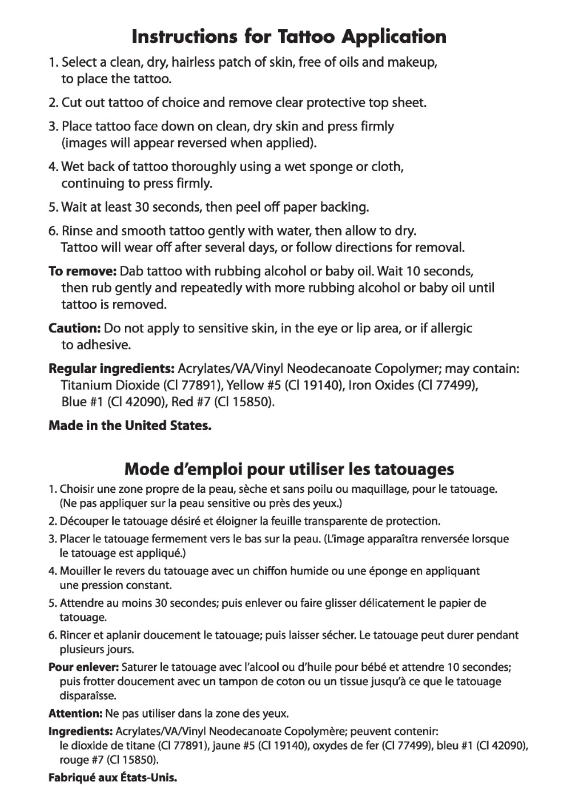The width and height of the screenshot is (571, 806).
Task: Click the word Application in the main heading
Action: pos(393,38)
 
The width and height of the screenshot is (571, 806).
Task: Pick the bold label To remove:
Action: pos(83,270)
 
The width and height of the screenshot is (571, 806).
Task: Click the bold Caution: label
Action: pos(75,329)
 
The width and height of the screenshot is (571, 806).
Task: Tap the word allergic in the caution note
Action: pos(449,329)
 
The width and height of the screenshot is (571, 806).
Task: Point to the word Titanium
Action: pos(85,386)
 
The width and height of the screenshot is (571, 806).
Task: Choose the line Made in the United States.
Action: pos(130,426)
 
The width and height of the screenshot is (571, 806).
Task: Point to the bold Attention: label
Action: pos(75,714)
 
